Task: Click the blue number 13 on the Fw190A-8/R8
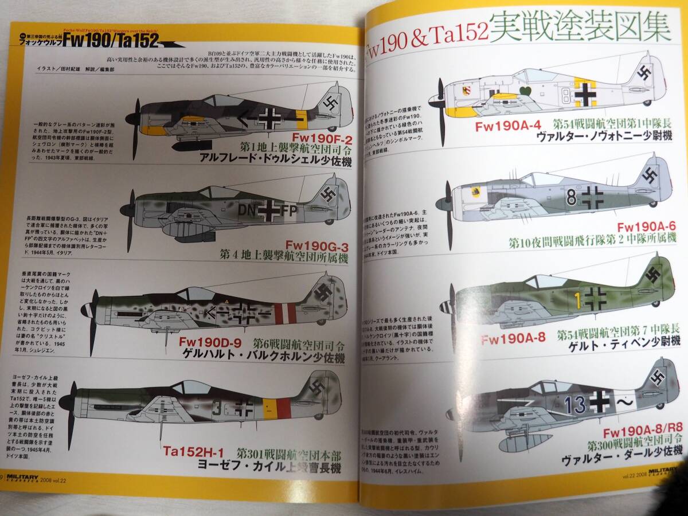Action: tap(575, 404)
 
